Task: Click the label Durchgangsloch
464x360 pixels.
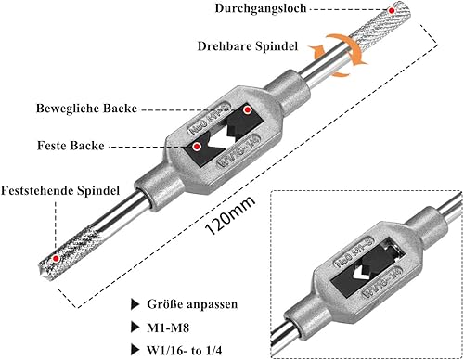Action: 261,8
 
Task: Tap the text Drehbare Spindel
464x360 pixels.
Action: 248,46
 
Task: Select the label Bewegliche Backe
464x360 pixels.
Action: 86,109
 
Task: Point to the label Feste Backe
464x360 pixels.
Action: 71,146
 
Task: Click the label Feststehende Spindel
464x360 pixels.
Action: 60,190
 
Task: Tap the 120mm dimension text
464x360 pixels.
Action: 230,214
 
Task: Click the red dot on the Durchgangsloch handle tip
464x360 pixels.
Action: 392,11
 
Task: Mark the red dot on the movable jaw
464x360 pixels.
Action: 247,109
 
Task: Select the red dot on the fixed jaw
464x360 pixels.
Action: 197,147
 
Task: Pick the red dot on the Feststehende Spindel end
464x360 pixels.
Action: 56,258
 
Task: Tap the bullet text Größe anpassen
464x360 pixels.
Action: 192,304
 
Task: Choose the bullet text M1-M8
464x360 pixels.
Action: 168,328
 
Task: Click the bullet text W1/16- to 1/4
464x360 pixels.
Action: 185,351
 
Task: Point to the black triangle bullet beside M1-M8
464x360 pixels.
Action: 135,327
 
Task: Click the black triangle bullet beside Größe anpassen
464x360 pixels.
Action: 135,304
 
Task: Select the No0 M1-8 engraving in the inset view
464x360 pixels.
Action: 354,251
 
